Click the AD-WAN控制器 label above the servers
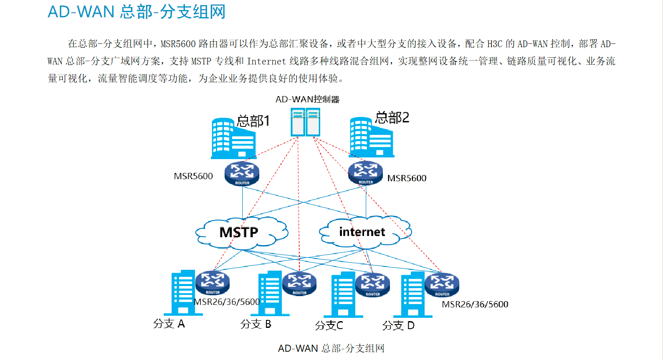307,99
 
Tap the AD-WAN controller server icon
306,122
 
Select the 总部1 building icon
232,139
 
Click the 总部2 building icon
370,137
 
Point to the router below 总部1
242,173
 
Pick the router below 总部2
365,172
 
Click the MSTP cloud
241,233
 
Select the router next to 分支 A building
213,283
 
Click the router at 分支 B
299,283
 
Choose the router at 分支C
372,284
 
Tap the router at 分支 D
442,284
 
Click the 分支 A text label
169,324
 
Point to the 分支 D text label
398,325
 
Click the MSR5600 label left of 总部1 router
193,176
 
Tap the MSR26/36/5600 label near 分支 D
475,304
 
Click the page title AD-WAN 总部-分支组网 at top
137,12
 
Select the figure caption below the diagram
331,348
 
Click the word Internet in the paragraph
266,61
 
